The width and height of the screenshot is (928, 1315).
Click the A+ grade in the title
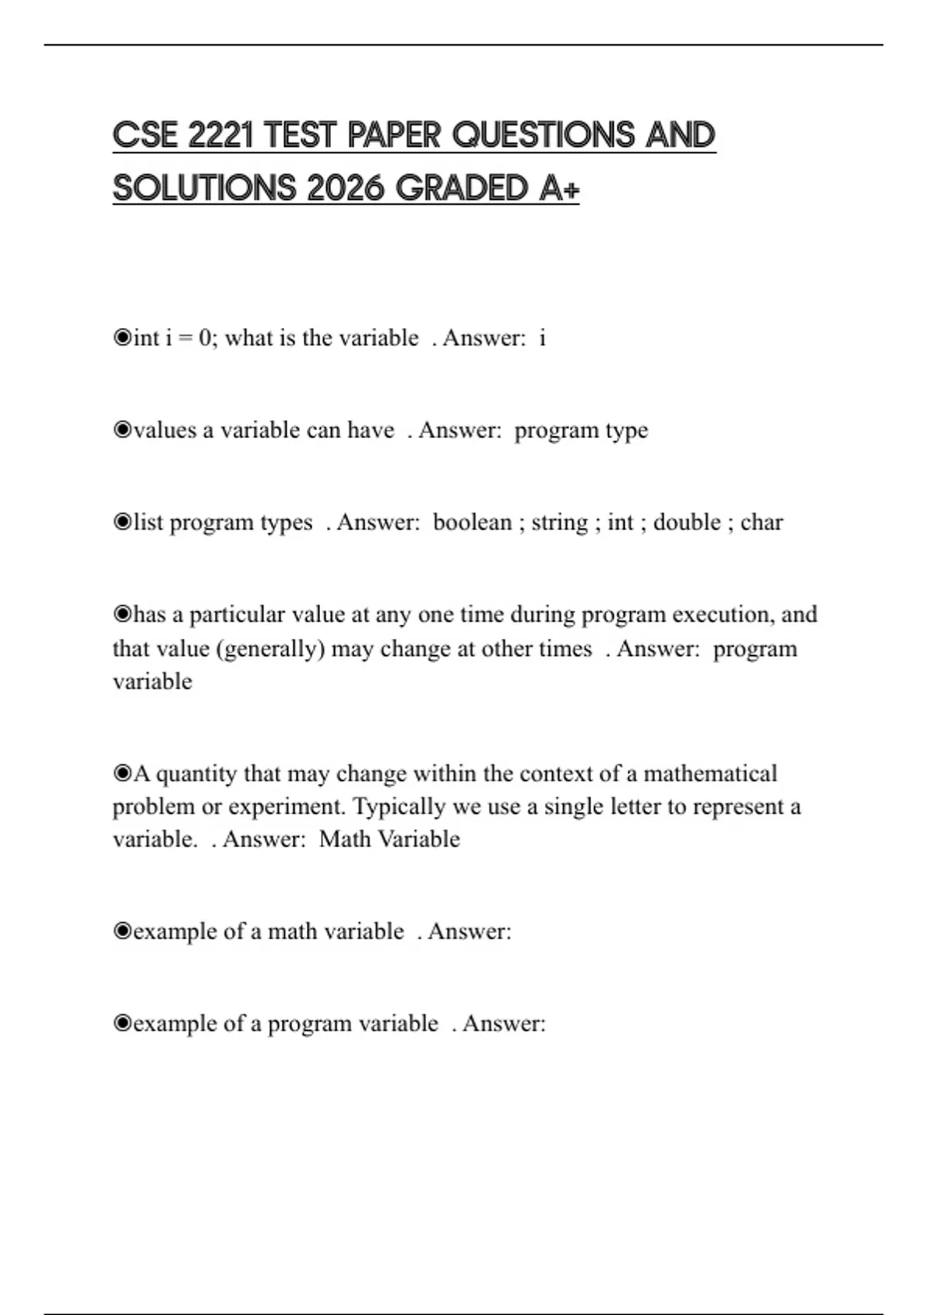(558, 188)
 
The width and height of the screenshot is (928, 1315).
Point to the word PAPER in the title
(394, 135)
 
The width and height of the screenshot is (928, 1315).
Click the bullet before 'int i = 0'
(122, 338)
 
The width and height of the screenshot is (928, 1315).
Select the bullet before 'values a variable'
(122, 430)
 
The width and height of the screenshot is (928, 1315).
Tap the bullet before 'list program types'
(122, 522)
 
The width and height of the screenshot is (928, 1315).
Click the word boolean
(472, 522)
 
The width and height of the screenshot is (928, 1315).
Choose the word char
(762, 522)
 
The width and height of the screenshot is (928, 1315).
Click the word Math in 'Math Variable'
(344, 839)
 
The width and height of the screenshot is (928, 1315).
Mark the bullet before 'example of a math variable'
(122, 931)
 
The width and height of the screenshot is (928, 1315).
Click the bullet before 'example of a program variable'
(122, 1023)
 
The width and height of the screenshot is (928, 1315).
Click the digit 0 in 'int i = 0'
(205, 338)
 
